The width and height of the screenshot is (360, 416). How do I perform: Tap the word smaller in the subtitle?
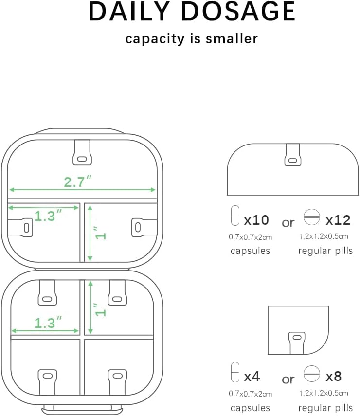coord(232,38)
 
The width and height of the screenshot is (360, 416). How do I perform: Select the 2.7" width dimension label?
coord(78,182)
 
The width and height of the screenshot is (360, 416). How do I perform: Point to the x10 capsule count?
coord(256,220)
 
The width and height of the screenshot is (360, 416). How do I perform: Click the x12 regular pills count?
coord(338,220)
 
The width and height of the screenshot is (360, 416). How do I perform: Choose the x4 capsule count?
coord(252,376)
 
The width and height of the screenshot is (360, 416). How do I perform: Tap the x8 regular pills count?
coord(334,376)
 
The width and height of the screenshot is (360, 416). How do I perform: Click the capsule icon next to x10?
coord(235,216)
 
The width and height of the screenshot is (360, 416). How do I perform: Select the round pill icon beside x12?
coord(312,217)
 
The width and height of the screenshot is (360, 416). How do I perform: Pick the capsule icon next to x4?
coord(235,372)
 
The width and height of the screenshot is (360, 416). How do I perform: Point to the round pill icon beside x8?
coord(312,373)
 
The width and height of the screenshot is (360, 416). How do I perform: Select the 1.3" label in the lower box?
coord(48,323)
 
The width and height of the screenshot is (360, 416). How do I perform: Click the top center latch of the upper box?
coord(82,152)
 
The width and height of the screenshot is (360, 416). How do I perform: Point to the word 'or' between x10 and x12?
coord(288,222)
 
